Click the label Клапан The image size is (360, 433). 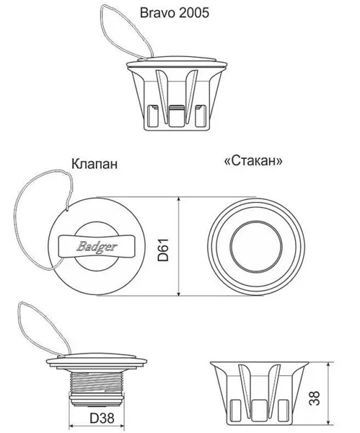point(91,164)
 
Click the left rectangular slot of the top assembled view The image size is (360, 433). point(154,115)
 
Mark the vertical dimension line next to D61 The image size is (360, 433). point(178,246)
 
